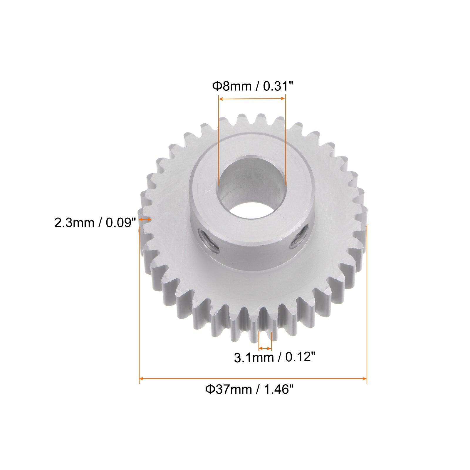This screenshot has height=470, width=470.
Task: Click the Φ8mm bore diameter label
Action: [x=232, y=86]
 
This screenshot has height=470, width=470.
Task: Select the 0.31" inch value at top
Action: [x=278, y=86]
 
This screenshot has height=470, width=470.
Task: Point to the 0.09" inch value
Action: [x=121, y=223]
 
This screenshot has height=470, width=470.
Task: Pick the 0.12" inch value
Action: [x=300, y=357]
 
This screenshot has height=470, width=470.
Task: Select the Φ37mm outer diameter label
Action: [x=228, y=389]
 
